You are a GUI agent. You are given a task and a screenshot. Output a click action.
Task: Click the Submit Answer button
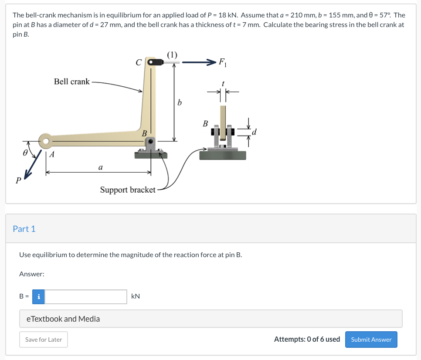click(x=371, y=340)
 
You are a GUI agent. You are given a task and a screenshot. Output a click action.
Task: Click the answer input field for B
click(x=86, y=297)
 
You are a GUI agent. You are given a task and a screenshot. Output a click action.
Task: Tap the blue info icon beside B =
click(x=39, y=297)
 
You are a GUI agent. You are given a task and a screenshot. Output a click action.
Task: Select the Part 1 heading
click(x=24, y=229)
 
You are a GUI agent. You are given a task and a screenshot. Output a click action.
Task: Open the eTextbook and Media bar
click(x=210, y=319)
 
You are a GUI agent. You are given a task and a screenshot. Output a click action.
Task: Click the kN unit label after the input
click(x=136, y=296)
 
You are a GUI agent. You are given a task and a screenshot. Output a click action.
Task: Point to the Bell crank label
click(x=72, y=82)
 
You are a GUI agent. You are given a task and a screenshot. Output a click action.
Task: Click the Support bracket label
click(x=128, y=190)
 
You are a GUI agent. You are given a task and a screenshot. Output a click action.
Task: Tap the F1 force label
click(x=222, y=61)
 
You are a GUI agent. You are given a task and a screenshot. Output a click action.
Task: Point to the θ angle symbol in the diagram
click(x=26, y=153)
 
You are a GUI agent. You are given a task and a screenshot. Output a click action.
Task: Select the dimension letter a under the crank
click(x=101, y=166)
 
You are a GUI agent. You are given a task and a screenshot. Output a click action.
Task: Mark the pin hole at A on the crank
click(x=45, y=141)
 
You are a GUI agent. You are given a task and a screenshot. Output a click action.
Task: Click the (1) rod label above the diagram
click(x=172, y=55)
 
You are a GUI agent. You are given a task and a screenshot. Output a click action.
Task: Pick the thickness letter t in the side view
click(x=223, y=83)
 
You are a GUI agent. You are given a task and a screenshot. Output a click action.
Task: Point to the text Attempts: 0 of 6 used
click(x=307, y=339)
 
